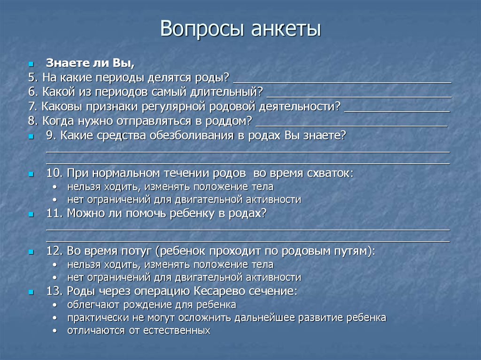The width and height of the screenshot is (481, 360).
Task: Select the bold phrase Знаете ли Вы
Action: tap(90, 63)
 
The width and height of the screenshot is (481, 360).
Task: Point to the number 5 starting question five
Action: tap(31, 77)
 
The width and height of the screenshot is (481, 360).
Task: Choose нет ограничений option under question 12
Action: tap(184, 277)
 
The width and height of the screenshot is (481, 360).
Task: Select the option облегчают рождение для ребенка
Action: tap(151, 305)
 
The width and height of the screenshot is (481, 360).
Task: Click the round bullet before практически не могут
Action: tap(56, 318)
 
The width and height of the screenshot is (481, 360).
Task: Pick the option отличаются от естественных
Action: tap(138, 330)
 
